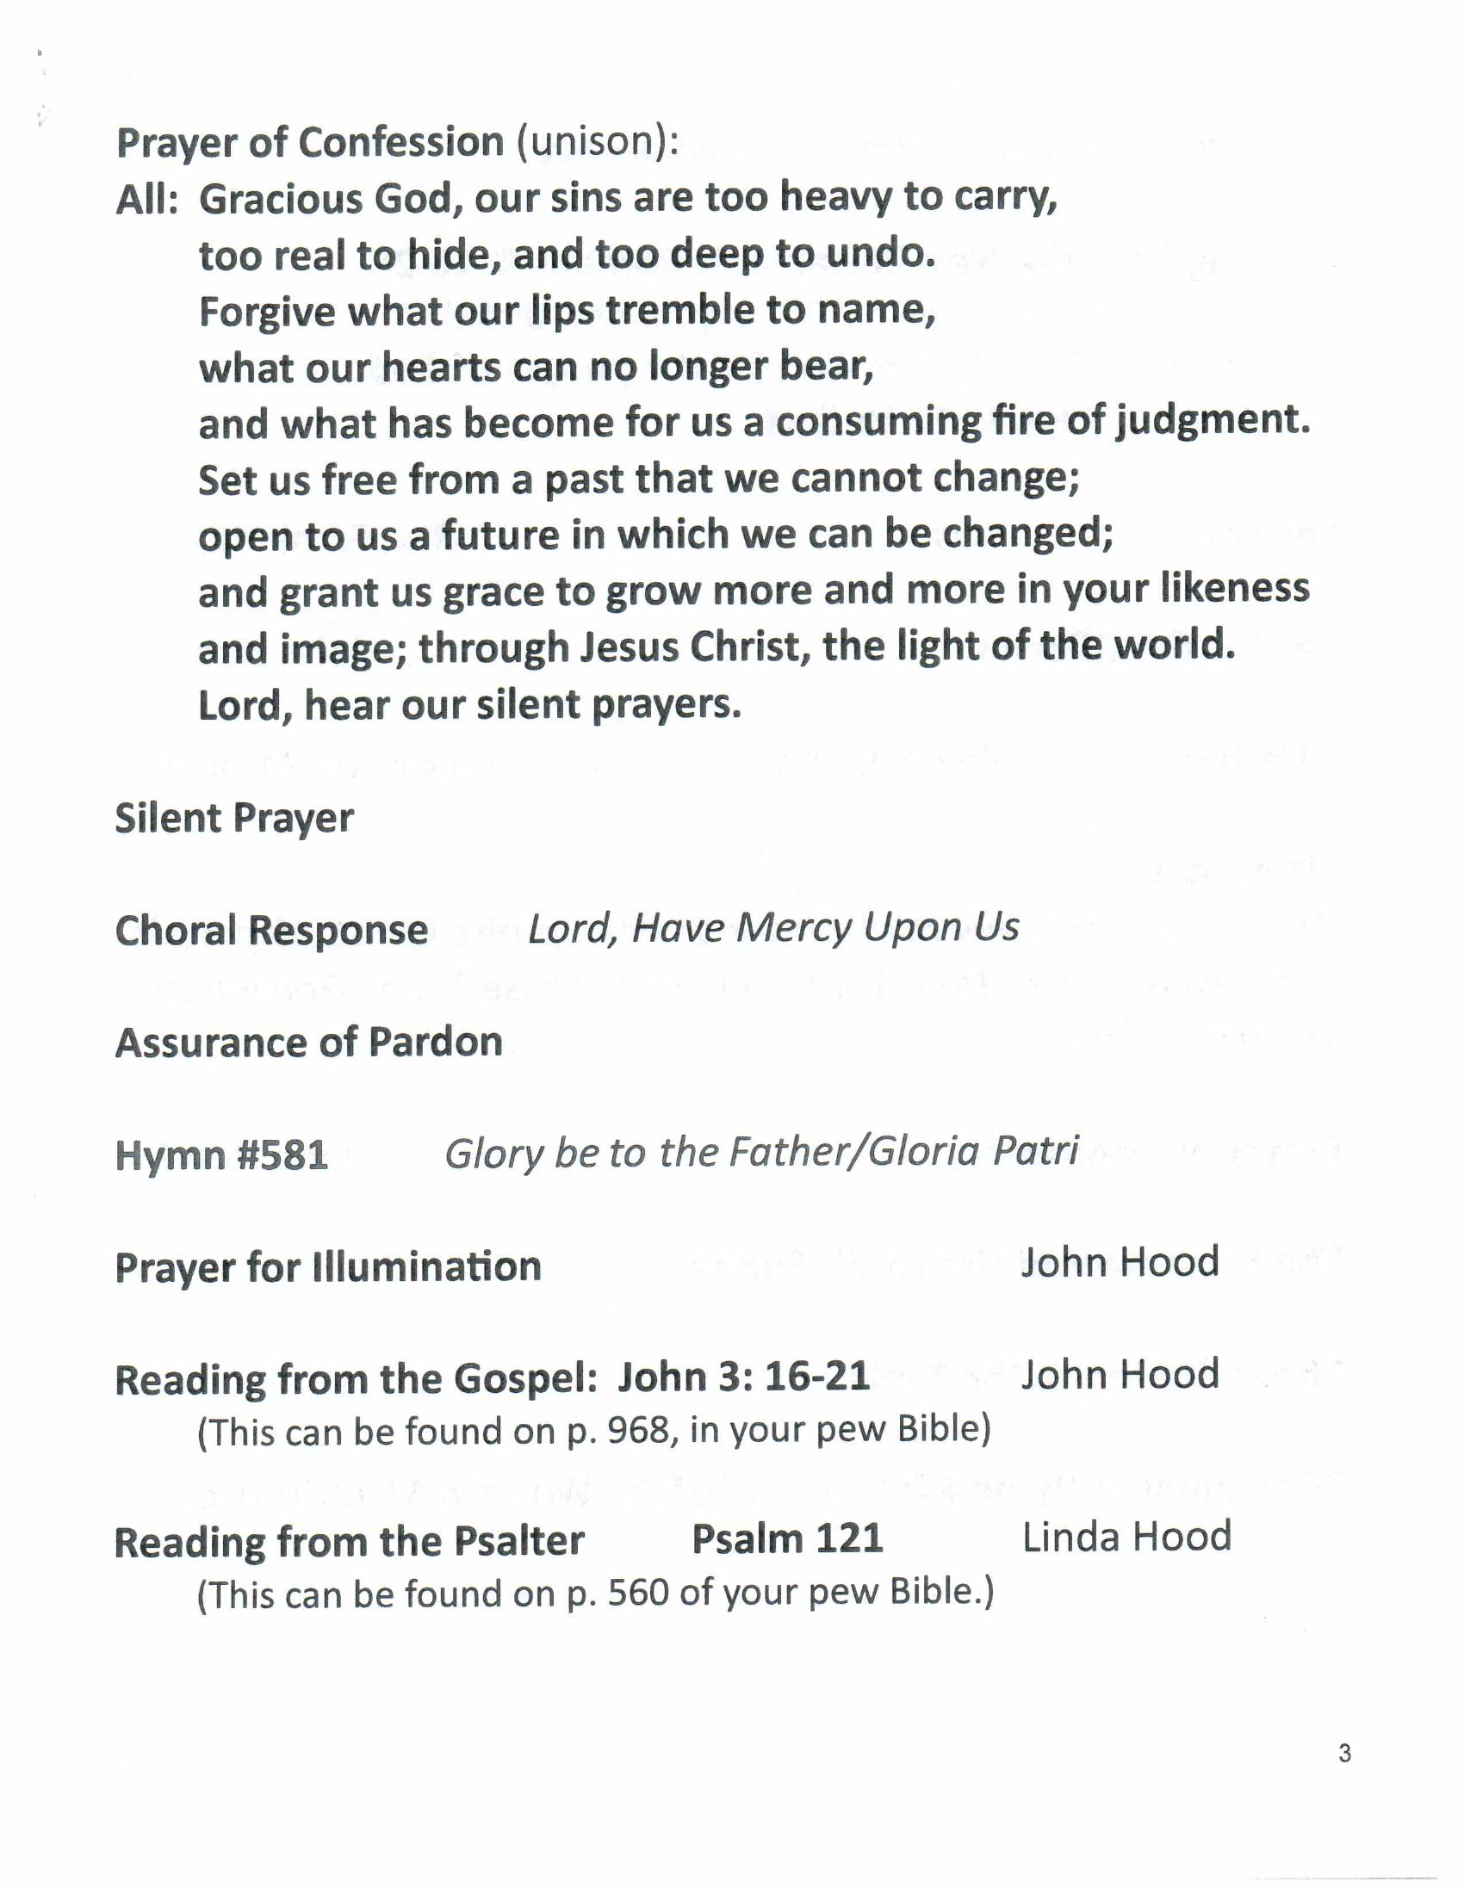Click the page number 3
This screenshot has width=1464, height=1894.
(1344, 1754)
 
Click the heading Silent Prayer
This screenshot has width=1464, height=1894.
(234, 819)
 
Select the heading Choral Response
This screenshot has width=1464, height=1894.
(271, 931)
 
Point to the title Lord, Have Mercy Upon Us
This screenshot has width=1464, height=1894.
(772, 928)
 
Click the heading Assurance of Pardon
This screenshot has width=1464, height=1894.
(309, 1043)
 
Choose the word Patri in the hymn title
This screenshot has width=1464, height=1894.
(1034, 1152)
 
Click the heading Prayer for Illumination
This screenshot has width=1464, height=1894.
(328, 1267)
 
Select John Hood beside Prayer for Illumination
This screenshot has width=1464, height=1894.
(1120, 1263)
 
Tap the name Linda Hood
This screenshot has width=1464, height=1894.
(1126, 1537)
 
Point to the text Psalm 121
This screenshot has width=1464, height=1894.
(786, 1539)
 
